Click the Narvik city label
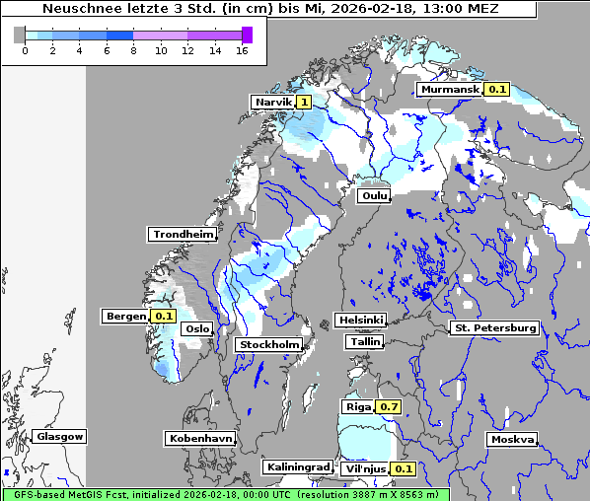[273, 102]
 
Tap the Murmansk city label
[450, 90]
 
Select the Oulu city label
[375, 196]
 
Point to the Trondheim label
[183, 235]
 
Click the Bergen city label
[125, 317]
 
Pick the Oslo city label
[197, 328]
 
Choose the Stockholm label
[269, 344]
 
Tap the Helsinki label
[360, 321]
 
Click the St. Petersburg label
[493, 327]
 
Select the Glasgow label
[60, 436]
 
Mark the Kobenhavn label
[200, 437]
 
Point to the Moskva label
[512, 439]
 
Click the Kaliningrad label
[298, 466]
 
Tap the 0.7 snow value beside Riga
[389, 406]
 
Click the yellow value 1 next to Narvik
[304, 102]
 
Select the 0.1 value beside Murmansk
[497, 90]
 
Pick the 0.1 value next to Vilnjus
[403, 468]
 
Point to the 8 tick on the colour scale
[133, 50]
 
